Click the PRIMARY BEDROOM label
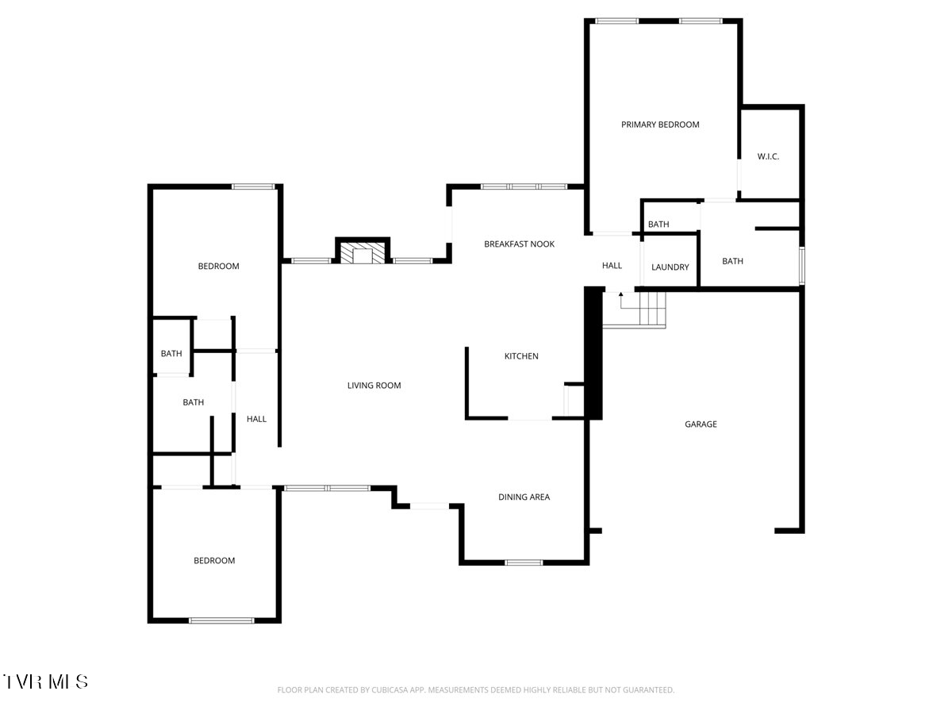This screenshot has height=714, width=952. pyautogui.click(x=660, y=125)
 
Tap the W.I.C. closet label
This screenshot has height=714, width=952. pyautogui.click(x=768, y=156)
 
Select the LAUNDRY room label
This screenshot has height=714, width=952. pyautogui.click(x=670, y=267)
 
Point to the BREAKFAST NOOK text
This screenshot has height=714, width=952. pyautogui.click(x=519, y=244)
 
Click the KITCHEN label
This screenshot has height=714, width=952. pyautogui.click(x=521, y=356)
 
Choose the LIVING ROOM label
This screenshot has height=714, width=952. pyautogui.click(x=374, y=386)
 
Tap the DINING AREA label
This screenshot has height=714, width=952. pyautogui.click(x=524, y=497)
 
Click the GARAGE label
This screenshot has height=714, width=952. pyautogui.click(x=701, y=424)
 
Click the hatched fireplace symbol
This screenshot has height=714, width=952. pyautogui.click(x=362, y=253)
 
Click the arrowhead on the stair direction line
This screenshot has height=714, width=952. pyautogui.click(x=620, y=294)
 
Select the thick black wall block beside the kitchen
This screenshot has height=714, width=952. pyautogui.click(x=593, y=353)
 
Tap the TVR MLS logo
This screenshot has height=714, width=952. pyautogui.click(x=45, y=681)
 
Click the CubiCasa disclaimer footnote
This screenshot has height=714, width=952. pyautogui.click(x=476, y=689)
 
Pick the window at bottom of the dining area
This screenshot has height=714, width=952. pyautogui.click(x=524, y=562)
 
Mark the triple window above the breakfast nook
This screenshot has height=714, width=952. pyautogui.click(x=524, y=187)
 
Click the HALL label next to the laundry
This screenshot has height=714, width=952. pyautogui.click(x=612, y=265)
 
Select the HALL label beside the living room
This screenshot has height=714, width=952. pyautogui.click(x=256, y=419)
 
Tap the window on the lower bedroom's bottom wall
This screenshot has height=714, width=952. pyautogui.click(x=221, y=620)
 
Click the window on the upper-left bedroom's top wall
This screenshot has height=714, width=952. pyautogui.click(x=253, y=187)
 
